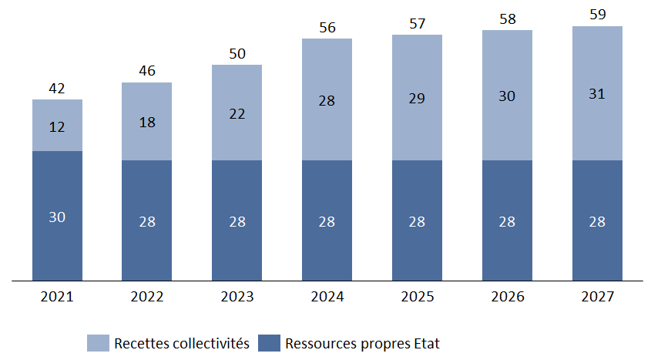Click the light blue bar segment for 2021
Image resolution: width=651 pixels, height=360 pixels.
click(57, 125)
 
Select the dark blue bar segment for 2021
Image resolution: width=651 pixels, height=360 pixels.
click(57, 216)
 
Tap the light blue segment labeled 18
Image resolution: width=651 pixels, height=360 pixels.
click(146, 121)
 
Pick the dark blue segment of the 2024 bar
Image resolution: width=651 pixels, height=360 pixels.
click(327, 220)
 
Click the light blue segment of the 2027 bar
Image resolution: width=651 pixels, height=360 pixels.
click(597, 93)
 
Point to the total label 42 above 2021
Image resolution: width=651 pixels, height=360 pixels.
click(57, 89)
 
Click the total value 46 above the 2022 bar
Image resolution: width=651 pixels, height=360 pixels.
click(146, 72)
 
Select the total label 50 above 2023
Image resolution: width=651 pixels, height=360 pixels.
click(237, 54)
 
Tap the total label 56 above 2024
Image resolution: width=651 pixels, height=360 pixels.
click(327, 28)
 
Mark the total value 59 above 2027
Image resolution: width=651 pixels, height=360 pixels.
click(597, 15)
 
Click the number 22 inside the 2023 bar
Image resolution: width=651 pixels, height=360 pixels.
click(237, 113)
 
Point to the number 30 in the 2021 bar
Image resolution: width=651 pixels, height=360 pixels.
click(57, 217)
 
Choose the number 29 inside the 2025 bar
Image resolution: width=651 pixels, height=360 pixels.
click(417, 99)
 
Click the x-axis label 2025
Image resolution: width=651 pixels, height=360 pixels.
click(417, 297)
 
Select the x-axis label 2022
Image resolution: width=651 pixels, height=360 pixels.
click(146, 297)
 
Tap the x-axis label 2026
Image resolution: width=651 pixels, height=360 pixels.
click(507, 297)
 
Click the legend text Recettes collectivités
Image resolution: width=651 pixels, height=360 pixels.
click(182, 343)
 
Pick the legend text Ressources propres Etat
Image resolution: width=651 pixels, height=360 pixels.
click(362, 343)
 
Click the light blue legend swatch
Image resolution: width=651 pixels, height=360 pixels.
click(98, 343)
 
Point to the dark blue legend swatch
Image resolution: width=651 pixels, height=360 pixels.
click(269, 343)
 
